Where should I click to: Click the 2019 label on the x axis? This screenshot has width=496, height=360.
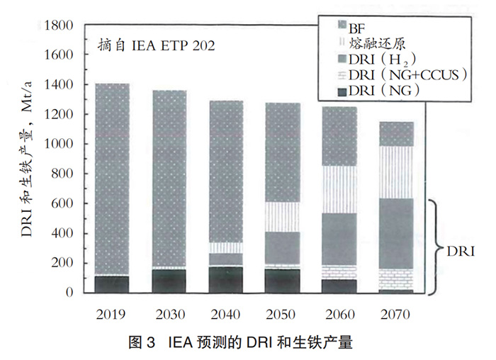click(x=112, y=313)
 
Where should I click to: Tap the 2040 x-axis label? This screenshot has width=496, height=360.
click(x=226, y=313)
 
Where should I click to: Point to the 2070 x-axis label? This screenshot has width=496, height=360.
click(x=395, y=313)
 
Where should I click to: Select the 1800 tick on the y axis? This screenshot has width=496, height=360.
click(x=59, y=26)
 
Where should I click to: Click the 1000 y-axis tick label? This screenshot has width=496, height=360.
click(x=59, y=145)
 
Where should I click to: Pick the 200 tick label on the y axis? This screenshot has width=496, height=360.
click(x=62, y=263)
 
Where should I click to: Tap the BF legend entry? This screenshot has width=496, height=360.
click(x=358, y=26)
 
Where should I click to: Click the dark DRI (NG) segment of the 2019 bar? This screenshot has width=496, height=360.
click(x=112, y=283)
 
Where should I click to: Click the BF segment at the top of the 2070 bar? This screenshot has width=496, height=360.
click(x=395, y=134)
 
